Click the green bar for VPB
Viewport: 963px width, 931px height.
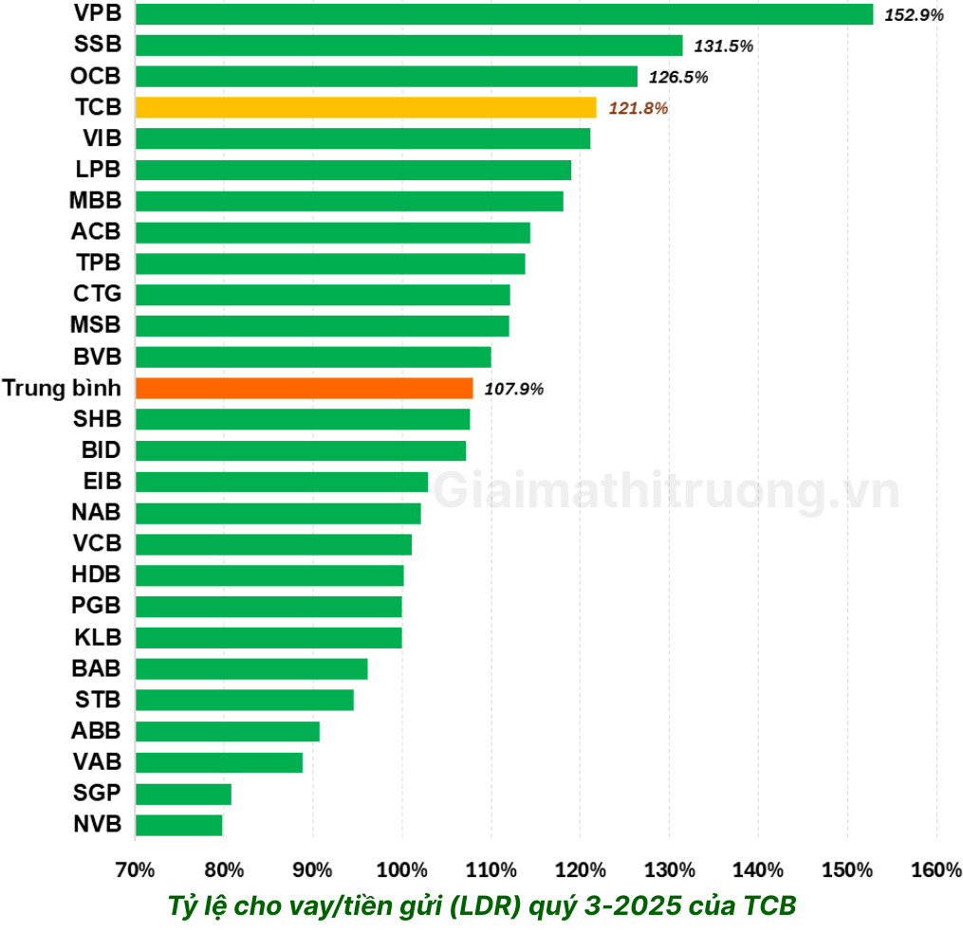pyautogui.click(x=503, y=14)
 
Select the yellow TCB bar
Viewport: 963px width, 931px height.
pyautogui.click(x=365, y=107)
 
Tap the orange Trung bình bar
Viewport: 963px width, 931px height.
pyautogui.click(x=304, y=388)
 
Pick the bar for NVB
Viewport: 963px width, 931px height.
pyautogui.click(x=178, y=825)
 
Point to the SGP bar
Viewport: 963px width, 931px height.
pyautogui.click(x=183, y=794)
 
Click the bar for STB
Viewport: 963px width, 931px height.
pyautogui.click(x=244, y=700)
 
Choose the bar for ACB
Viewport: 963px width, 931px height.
pyautogui.click(x=332, y=232)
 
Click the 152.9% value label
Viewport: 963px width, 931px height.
pyautogui.click(x=914, y=15)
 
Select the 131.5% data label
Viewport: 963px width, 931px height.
pyautogui.click(x=723, y=46)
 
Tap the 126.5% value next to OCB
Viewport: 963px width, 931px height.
pyautogui.click(x=678, y=78)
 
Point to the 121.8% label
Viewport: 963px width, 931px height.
pyautogui.click(x=638, y=109)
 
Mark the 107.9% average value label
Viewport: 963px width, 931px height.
pyautogui.click(x=513, y=389)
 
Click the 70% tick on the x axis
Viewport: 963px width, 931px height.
pyautogui.click(x=135, y=870)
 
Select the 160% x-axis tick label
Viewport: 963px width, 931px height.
pyautogui.click(x=936, y=870)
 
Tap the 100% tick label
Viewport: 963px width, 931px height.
pyautogui.click(x=401, y=870)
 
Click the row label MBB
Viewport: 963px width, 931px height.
pyautogui.click(x=96, y=201)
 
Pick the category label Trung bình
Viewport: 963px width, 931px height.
pyautogui.click(x=62, y=388)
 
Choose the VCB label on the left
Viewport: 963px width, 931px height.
pyautogui.click(x=97, y=544)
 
